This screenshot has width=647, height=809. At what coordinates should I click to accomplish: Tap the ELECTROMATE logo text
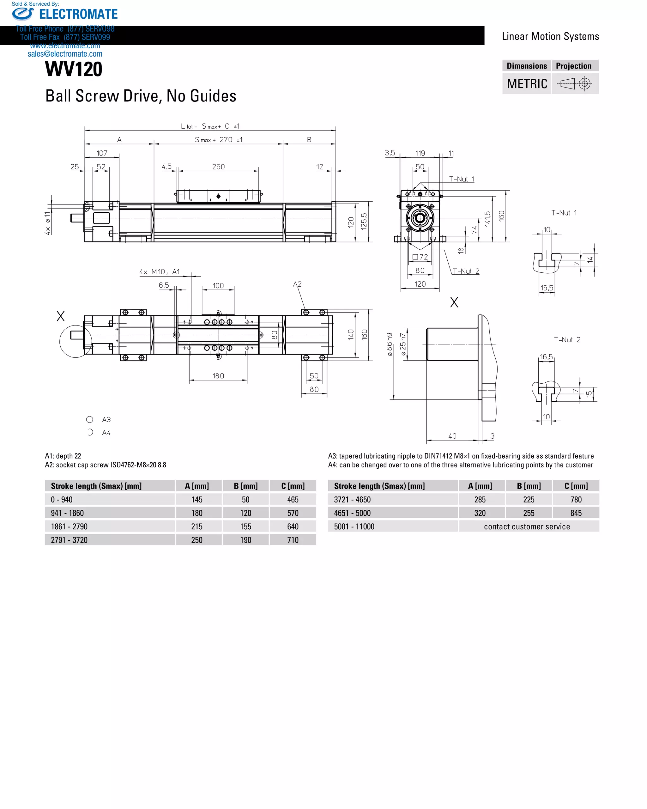(x=78, y=14)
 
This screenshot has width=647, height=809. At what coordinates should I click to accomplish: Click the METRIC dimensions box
(x=527, y=84)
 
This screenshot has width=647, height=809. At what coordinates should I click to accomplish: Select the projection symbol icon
(x=575, y=83)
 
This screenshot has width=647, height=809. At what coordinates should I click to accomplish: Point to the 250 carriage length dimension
(x=218, y=167)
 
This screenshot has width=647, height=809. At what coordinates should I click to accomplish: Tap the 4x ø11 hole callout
(x=47, y=223)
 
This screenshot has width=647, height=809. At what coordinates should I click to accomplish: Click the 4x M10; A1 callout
(x=160, y=272)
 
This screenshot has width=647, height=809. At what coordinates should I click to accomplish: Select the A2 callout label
(x=297, y=284)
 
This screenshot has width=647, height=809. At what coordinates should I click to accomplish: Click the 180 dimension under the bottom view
(x=218, y=376)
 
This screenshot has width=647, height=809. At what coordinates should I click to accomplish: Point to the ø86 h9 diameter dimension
(x=390, y=344)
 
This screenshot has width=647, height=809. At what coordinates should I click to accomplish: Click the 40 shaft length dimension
(x=452, y=436)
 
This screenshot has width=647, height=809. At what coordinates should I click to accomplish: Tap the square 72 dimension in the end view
(x=420, y=257)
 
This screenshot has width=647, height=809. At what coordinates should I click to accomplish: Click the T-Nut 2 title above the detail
(x=567, y=340)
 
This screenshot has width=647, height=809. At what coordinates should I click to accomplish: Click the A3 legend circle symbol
(x=90, y=419)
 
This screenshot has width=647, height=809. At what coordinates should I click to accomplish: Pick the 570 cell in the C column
(x=293, y=513)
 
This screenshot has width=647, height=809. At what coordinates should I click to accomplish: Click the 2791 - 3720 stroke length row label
(x=70, y=540)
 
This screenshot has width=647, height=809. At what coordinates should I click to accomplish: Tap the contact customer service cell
(x=527, y=526)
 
